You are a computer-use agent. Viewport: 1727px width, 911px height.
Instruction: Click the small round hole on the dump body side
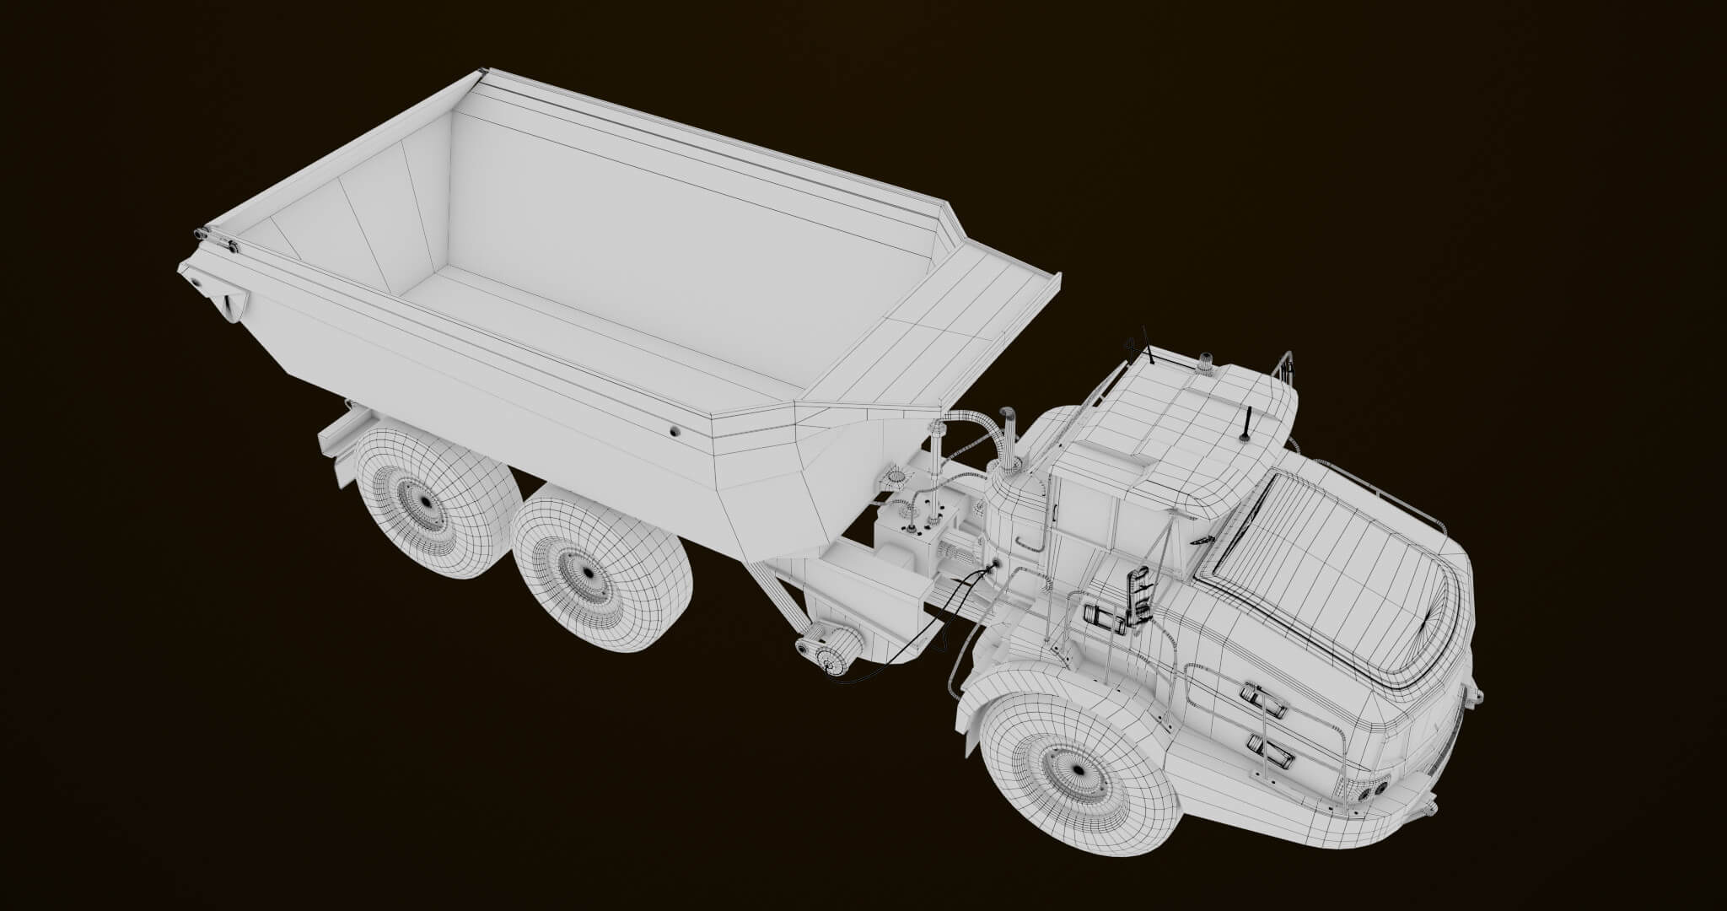[675, 431]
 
